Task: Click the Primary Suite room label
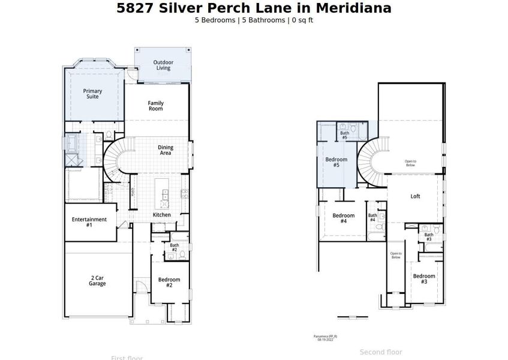[x=92, y=94]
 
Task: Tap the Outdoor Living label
[x=163, y=65]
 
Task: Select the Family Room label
[x=156, y=106]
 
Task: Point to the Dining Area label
[x=166, y=150]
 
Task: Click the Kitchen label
[x=162, y=215]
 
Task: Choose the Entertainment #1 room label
[x=89, y=222]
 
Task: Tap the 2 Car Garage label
[x=98, y=281]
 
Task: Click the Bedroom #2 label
[x=169, y=283]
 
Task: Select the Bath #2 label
[x=175, y=247]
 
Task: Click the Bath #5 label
[x=345, y=135]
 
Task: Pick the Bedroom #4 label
[x=344, y=218]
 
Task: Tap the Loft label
[x=415, y=196]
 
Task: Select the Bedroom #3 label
[x=424, y=278]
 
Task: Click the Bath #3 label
[x=429, y=237]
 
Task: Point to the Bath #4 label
[x=372, y=217]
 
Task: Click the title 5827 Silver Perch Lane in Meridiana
[x=254, y=8]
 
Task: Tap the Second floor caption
[x=381, y=352]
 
